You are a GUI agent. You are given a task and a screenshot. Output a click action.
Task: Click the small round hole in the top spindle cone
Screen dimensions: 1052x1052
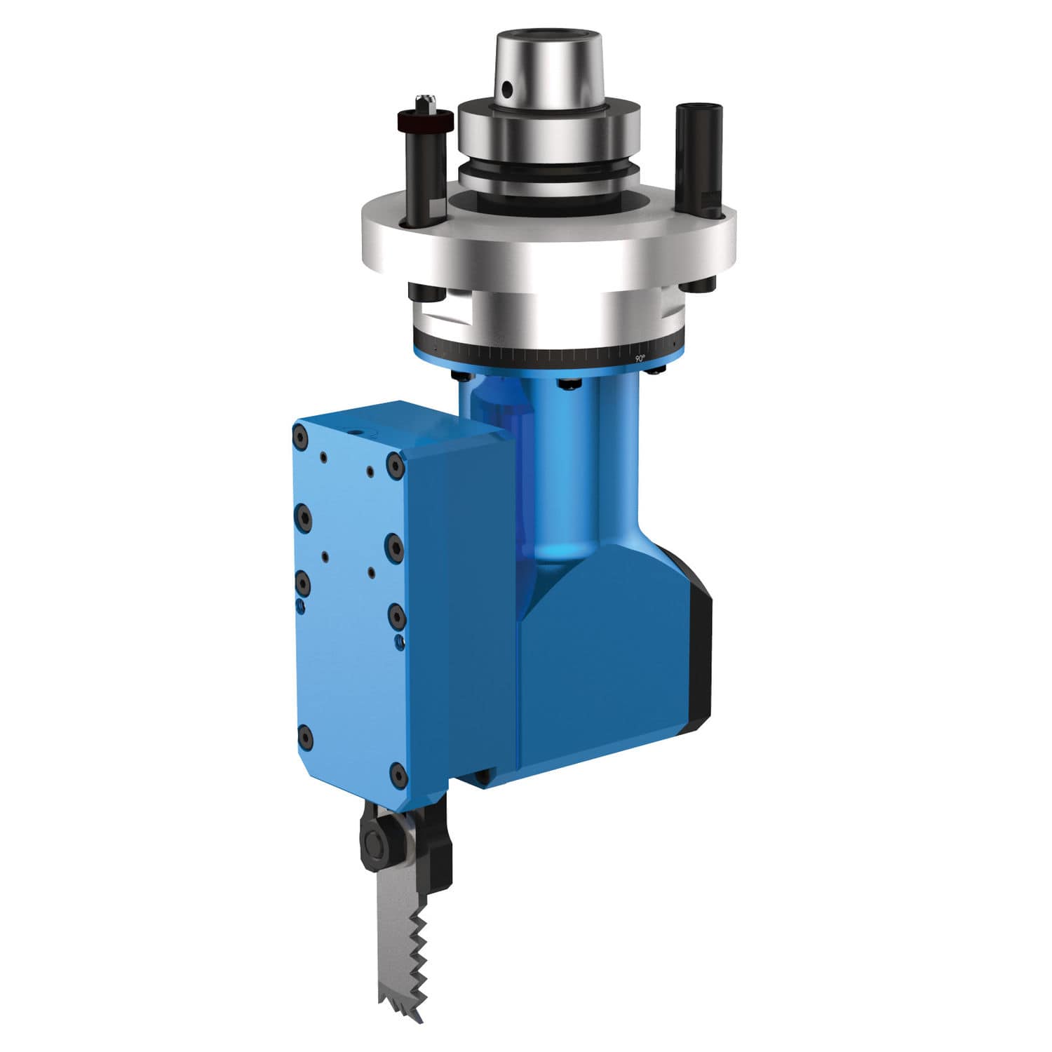[x=506, y=90]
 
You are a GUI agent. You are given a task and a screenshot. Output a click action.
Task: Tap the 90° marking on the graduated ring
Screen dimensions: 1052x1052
[x=639, y=358]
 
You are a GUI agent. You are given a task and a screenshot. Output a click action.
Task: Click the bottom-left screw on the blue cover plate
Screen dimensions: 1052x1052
[x=304, y=736]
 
